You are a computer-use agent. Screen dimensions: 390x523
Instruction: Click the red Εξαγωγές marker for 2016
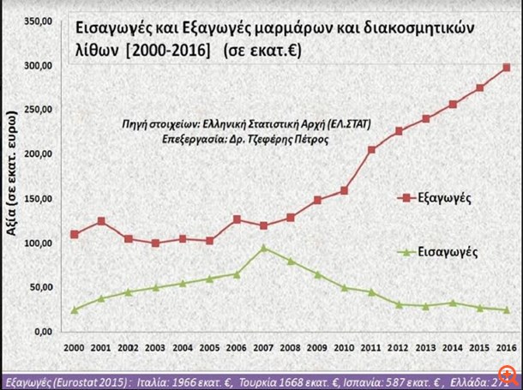(507, 67)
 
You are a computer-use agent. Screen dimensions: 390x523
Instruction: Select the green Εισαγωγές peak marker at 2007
(263, 249)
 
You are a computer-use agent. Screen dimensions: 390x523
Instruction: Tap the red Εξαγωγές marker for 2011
(371, 149)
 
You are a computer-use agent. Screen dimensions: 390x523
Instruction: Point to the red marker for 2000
(75, 234)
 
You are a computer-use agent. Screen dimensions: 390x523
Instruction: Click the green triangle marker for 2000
(75, 309)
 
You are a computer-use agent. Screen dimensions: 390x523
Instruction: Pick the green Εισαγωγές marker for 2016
(507, 309)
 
